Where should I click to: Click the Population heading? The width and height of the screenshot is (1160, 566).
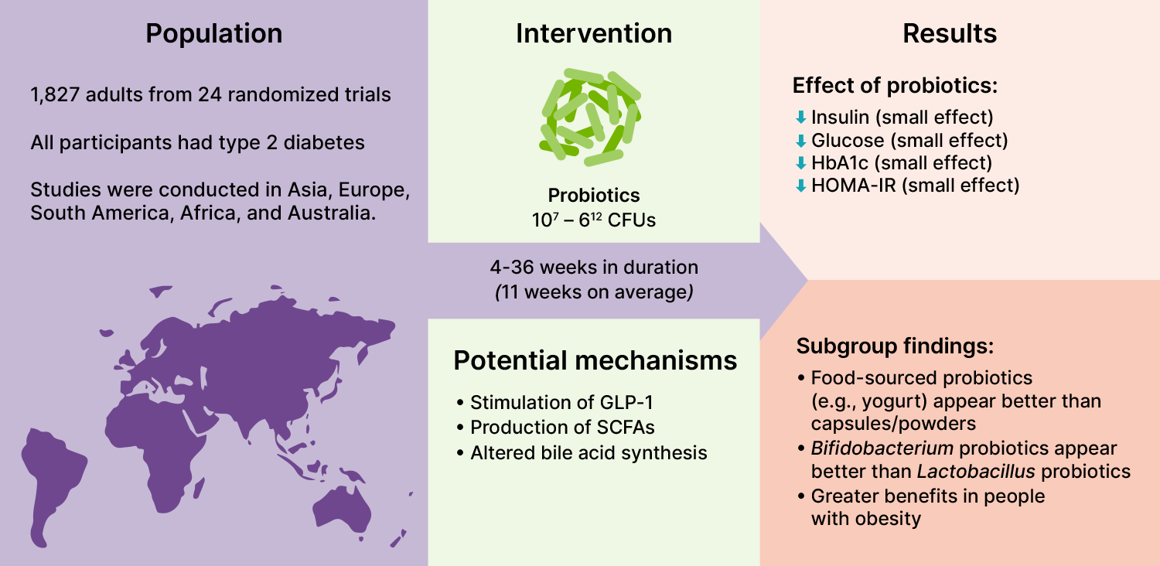[214, 34]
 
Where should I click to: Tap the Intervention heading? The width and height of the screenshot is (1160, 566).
[594, 34]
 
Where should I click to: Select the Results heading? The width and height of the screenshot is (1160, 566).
[950, 34]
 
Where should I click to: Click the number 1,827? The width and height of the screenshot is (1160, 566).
[56, 96]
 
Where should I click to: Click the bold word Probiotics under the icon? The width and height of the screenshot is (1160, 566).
[594, 196]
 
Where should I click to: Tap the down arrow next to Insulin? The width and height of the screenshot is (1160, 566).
[801, 118]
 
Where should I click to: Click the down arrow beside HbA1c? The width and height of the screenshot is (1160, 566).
[801, 163]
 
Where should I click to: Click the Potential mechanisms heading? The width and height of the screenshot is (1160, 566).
[595, 360]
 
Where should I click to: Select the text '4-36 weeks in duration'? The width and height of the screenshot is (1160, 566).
[594, 268]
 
